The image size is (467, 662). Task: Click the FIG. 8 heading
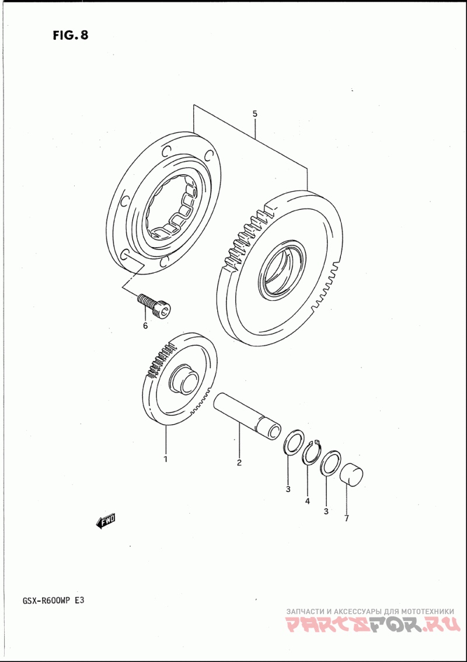click(x=71, y=35)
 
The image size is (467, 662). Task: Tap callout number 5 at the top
click(x=255, y=114)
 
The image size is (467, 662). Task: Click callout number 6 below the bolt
click(x=146, y=326)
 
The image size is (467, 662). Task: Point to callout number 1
click(x=165, y=459)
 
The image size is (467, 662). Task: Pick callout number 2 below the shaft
click(x=239, y=463)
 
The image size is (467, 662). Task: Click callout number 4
click(x=308, y=501)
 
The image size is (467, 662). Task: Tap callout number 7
click(x=346, y=518)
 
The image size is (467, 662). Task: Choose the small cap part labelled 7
click(x=351, y=473)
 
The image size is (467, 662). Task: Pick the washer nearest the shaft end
click(x=293, y=443)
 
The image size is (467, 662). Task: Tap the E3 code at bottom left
click(x=81, y=601)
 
